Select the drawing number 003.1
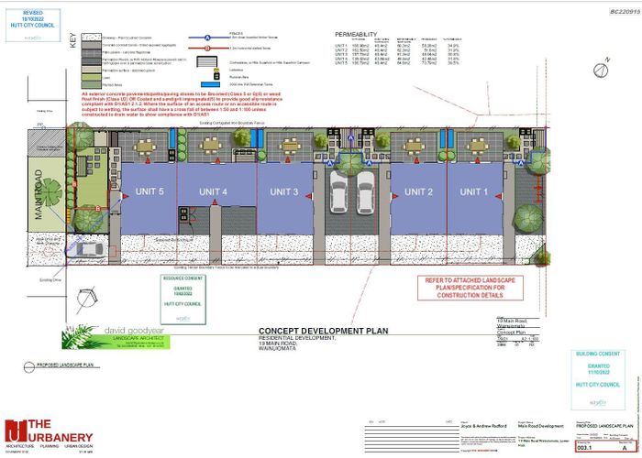[581, 446]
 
